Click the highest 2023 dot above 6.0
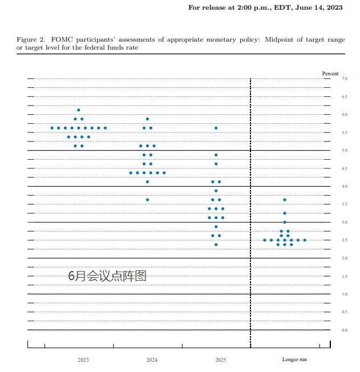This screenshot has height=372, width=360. coord(79,110)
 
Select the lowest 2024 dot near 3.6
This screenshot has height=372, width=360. coord(147,200)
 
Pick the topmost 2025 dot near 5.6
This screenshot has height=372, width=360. coord(216,128)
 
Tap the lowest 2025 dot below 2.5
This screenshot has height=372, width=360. coord(216,245)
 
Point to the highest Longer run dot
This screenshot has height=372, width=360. coord(285,200)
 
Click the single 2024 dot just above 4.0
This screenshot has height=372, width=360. coord(147,181)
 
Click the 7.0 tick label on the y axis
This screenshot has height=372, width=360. coord(345,79)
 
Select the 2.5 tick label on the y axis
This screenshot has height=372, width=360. coord(345,240)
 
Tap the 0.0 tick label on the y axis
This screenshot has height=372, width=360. coord(345,330)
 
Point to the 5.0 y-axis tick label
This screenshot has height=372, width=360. coord(345,151)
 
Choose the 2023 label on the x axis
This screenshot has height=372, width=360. coord(83,360)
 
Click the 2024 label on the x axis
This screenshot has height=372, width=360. coord(152,360)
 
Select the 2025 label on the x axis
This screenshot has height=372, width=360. coord(220,360)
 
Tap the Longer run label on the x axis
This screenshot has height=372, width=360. coord(294,360)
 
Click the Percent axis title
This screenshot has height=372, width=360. coord(330,74)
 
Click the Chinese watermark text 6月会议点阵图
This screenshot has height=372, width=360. coord(107,276)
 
